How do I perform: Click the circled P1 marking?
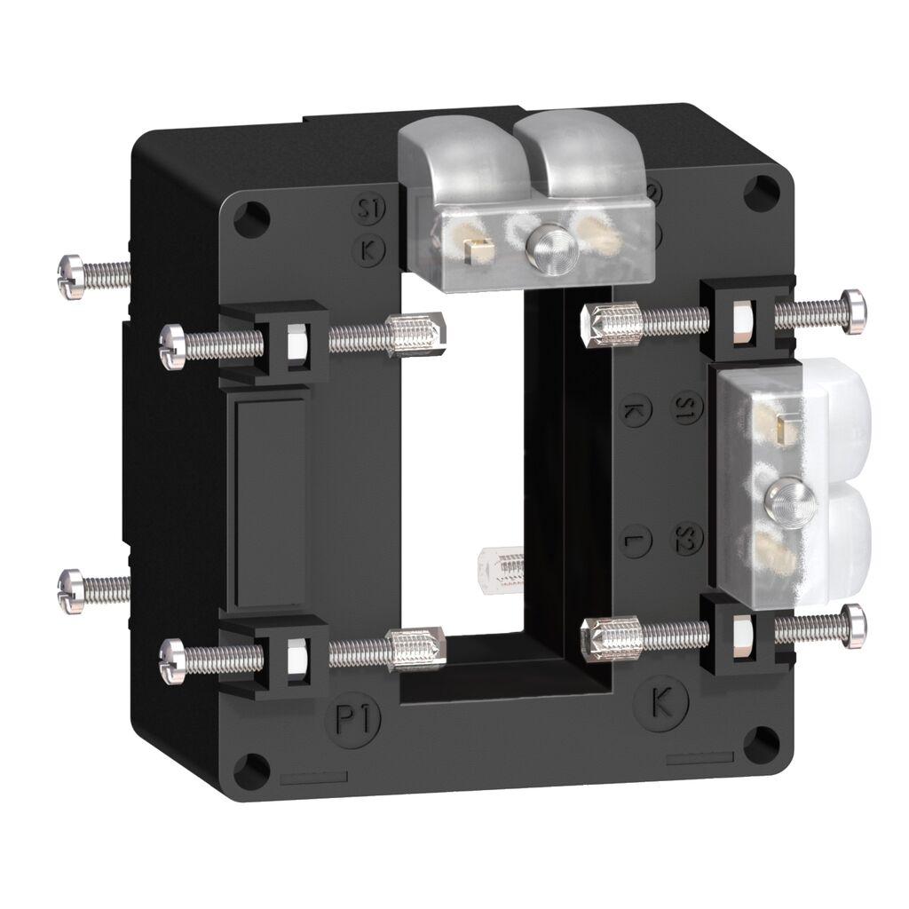tap(356, 719)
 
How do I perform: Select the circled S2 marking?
tap(685, 539)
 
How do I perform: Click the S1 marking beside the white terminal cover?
tap(684, 407)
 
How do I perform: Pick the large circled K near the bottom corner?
tap(662, 703)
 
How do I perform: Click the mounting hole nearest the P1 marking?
tap(252, 768)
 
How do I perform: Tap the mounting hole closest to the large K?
tap(762, 743)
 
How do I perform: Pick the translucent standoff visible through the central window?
tap(499, 566)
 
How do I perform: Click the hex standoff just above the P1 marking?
tap(415, 651)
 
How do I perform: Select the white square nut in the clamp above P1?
tap(296, 654)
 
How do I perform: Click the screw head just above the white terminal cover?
tap(854, 311)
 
